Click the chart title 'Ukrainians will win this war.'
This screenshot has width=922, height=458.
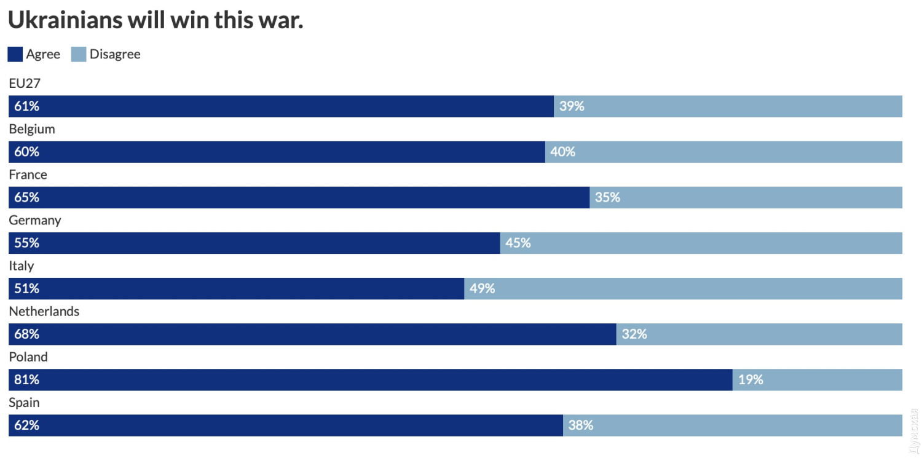tap(156, 21)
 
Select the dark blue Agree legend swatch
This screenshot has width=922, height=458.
tap(15, 54)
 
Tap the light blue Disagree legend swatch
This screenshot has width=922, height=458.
tap(79, 54)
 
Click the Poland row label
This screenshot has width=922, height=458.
tap(28, 357)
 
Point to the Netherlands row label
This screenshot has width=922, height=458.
tap(44, 312)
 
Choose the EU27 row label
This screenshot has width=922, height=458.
tap(25, 84)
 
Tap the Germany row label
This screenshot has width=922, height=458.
tap(35, 220)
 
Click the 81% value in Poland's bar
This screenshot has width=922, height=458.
tap(26, 380)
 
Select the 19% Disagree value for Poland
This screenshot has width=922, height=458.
tap(751, 380)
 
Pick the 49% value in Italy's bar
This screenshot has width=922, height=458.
tap(482, 288)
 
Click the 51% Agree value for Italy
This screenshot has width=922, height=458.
tap(26, 288)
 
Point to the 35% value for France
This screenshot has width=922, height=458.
tap(607, 197)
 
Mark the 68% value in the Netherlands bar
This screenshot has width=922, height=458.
tap(26, 334)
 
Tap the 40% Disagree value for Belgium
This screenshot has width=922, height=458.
tap(562, 152)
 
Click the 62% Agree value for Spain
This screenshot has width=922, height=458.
tap(26, 425)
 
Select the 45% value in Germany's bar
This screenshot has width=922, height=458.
tap(518, 243)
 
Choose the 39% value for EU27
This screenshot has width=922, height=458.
tap(572, 106)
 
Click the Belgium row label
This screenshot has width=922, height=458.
tap(32, 129)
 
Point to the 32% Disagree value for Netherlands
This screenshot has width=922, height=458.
tap(634, 334)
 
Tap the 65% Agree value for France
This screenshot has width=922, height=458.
tap(26, 197)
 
